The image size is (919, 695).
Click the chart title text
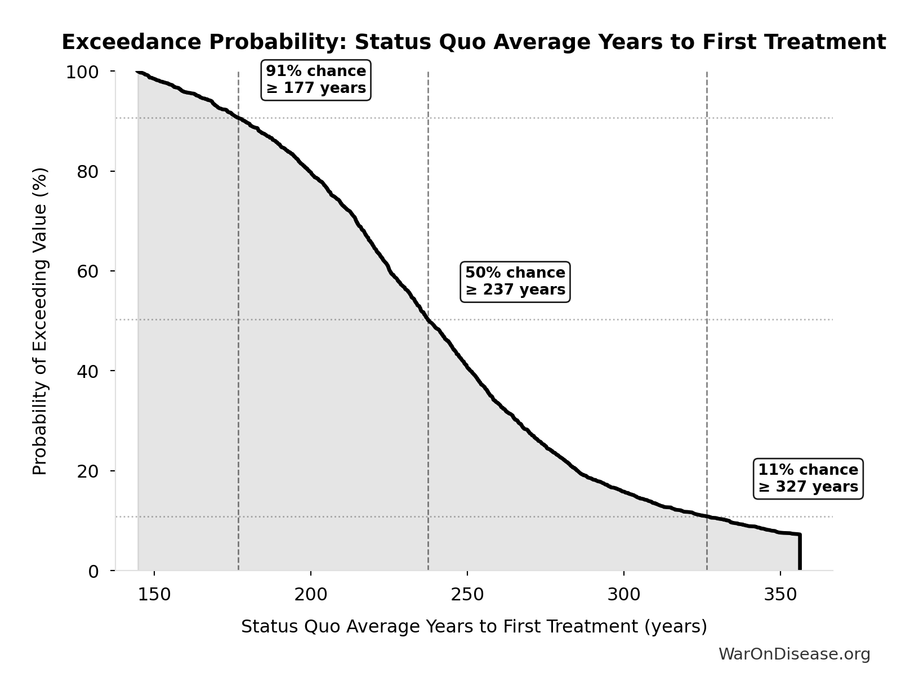(474, 42)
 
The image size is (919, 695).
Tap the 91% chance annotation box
(316, 80)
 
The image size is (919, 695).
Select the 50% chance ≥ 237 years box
(515, 282)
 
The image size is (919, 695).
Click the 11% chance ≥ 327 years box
(808, 479)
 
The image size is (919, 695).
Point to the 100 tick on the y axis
(82, 72)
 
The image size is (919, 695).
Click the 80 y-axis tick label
(88, 172)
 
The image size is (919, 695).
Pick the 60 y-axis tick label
(88, 271)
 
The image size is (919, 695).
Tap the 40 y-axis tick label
(88, 371)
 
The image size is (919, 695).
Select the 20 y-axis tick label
(88, 471)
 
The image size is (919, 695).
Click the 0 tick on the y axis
(93, 571)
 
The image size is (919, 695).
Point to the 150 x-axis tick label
(154, 595)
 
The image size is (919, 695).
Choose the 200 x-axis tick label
(311, 595)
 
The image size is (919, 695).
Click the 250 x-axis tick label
(467, 595)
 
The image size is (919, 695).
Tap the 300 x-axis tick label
(624, 595)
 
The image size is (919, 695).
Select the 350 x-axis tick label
(780, 595)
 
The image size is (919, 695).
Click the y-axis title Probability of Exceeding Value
(40, 321)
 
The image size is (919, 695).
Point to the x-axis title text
(474, 627)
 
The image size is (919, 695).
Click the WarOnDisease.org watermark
(794, 654)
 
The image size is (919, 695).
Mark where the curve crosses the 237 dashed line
(429, 320)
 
